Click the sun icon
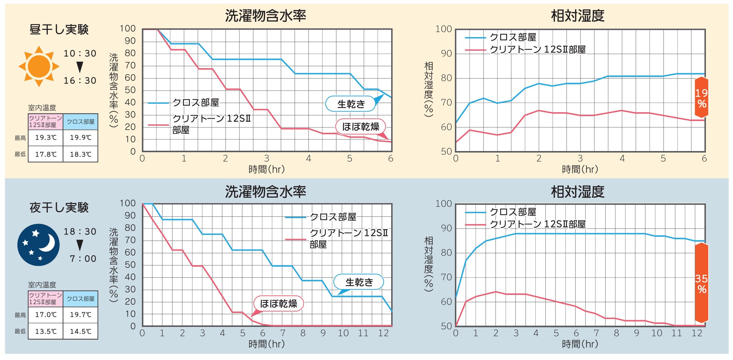point(39,67)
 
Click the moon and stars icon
point(38,245)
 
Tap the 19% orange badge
point(701,98)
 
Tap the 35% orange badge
point(701,283)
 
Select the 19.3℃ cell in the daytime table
point(46,138)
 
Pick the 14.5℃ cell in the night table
point(80,331)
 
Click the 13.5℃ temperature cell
point(46,331)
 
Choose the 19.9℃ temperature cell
point(80,138)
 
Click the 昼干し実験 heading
point(59,30)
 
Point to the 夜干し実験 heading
point(59,207)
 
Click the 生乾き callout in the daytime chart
point(351,104)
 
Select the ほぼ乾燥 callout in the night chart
point(279,304)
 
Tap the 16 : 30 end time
point(80,81)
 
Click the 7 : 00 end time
point(83,259)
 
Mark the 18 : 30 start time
point(80,232)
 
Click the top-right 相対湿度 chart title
point(577,16)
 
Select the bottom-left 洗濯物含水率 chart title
point(265,192)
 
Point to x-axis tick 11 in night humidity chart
point(677,333)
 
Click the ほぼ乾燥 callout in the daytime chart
point(360,127)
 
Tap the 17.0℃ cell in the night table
point(46,315)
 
